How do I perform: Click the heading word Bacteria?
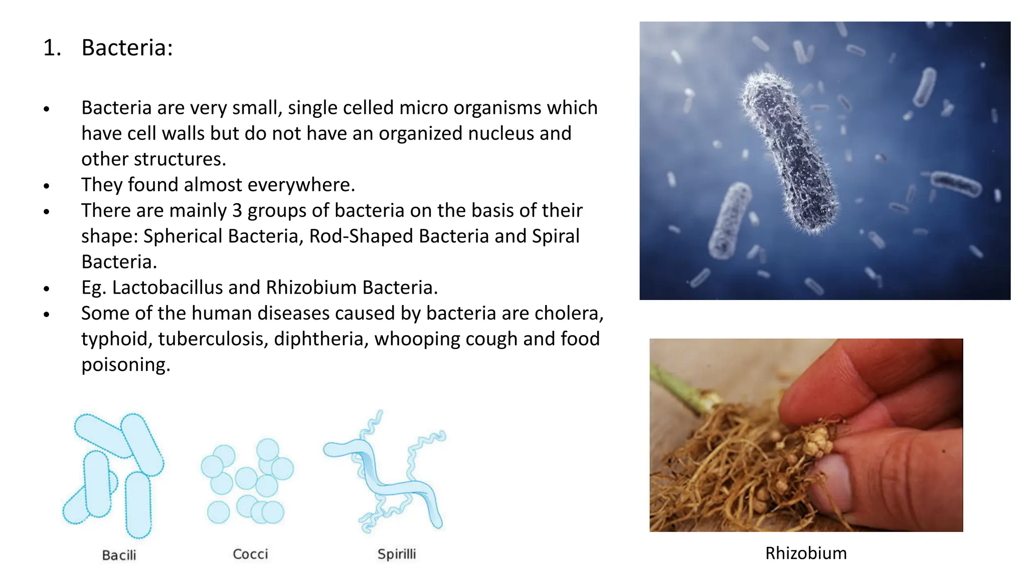[127, 48]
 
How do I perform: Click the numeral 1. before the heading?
[52, 48]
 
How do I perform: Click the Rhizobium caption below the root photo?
[805, 553]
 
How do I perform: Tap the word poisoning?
[125, 365]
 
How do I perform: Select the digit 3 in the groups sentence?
[237, 211]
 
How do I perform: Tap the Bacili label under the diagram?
[119, 555]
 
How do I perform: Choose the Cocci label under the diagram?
[250, 554]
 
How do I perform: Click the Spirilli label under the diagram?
[396, 554]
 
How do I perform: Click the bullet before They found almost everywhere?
[47, 186]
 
